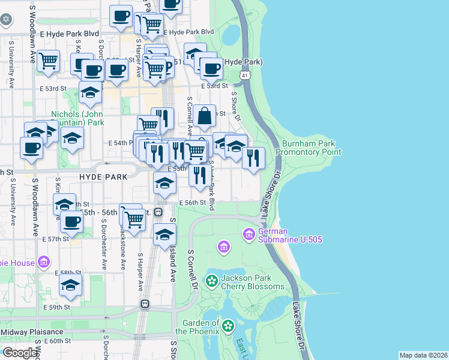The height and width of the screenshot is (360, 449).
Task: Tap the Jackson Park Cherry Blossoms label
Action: tap(252, 282)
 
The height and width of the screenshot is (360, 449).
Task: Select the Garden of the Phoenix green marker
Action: tap(228, 326)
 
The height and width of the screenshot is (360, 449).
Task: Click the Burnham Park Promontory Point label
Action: tap(312, 148)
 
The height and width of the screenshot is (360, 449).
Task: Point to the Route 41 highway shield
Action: tap(244, 75)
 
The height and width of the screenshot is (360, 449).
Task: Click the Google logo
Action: tap(20, 353)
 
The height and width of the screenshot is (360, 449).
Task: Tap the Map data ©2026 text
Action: tap(423, 355)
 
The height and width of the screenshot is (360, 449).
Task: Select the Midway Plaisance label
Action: tap(32, 332)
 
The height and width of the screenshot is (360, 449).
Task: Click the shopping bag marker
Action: tap(205, 116)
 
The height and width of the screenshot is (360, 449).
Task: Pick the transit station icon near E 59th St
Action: tap(145, 304)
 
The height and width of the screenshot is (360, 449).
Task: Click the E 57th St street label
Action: tap(56, 239)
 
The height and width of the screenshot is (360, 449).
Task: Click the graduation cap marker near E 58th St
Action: tap(70, 286)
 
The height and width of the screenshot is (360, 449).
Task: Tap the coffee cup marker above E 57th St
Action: tap(71, 222)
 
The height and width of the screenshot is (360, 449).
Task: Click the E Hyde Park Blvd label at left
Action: tap(69, 35)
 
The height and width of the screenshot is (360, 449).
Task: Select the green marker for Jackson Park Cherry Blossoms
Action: tap(211, 280)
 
